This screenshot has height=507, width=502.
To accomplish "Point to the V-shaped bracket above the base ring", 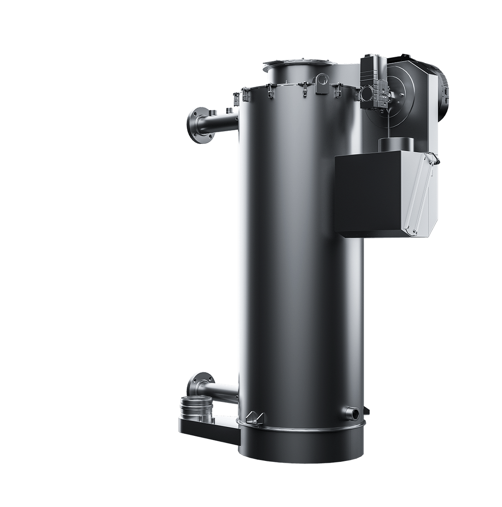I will pos(255,417).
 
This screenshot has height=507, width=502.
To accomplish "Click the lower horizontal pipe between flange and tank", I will pos(218,389).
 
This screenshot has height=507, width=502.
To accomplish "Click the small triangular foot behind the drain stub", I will pos(366,411).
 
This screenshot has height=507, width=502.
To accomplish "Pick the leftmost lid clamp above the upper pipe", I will pos(236,97).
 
